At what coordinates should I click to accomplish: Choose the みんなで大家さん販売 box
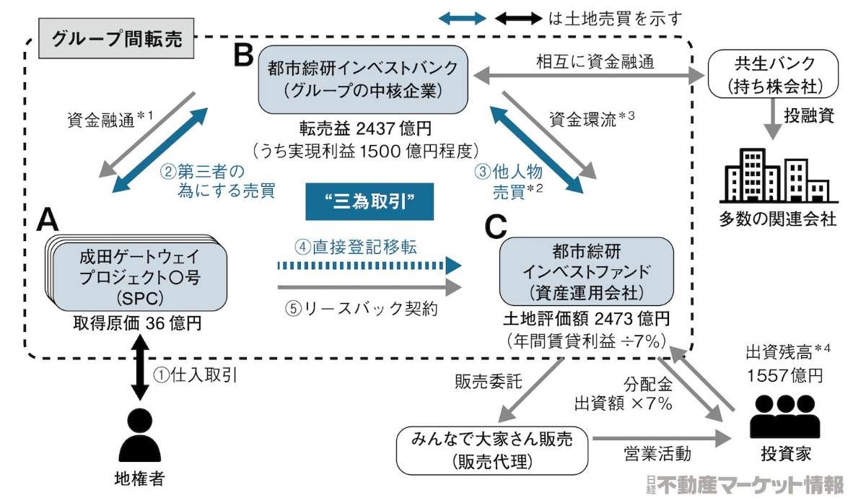[492, 449]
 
